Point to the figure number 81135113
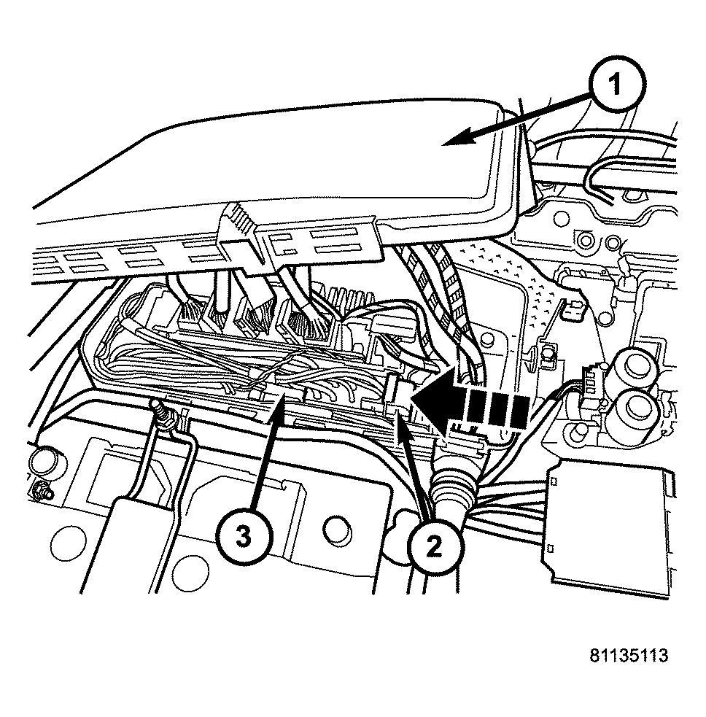click(629, 654)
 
